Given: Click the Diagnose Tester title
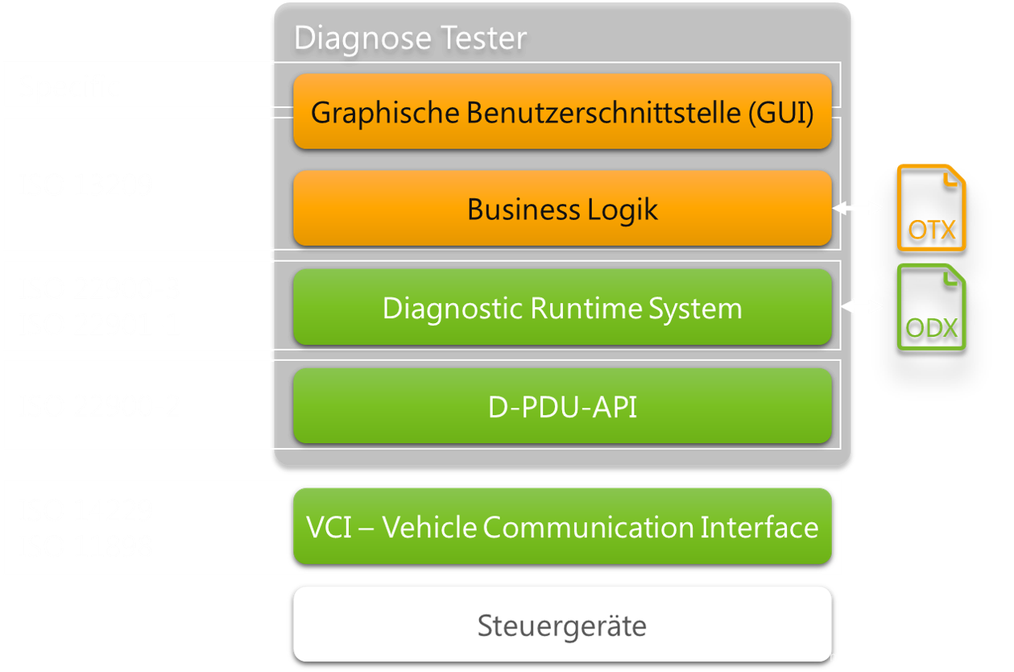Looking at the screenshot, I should click(410, 38).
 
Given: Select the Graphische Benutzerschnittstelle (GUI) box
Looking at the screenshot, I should click(562, 112).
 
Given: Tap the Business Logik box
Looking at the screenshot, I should click(562, 209).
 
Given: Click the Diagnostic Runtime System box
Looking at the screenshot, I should click(562, 308).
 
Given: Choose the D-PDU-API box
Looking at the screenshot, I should click(562, 407).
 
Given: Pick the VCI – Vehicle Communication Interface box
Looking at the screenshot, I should click(562, 527).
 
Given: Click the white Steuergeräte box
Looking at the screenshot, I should click(562, 625).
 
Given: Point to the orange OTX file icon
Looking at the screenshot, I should click(932, 208).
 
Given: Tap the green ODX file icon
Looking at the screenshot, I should click(932, 307).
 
